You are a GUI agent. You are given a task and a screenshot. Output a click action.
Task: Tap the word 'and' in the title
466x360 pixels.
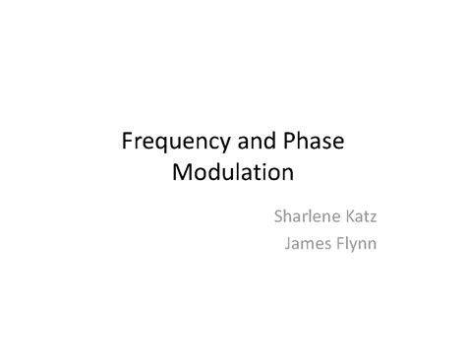pyautogui.click(x=249, y=142)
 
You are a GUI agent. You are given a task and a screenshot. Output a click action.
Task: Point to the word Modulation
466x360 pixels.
pyautogui.click(x=233, y=174)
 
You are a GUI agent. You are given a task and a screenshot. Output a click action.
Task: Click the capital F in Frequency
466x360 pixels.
pyautogui.click(x=127, y=142)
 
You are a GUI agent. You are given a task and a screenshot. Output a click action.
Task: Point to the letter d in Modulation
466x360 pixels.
pyautogui.click(x=216, y=174)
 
